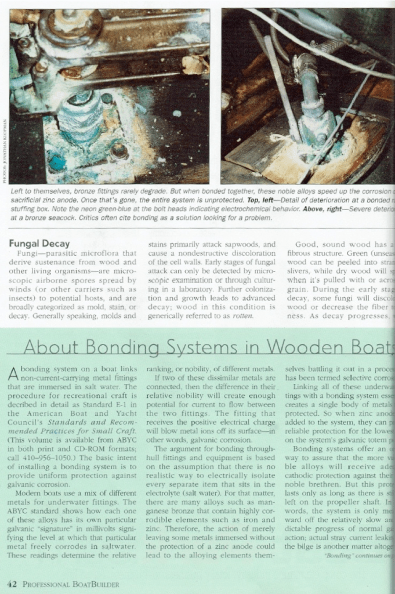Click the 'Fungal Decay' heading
tap(39, 244)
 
